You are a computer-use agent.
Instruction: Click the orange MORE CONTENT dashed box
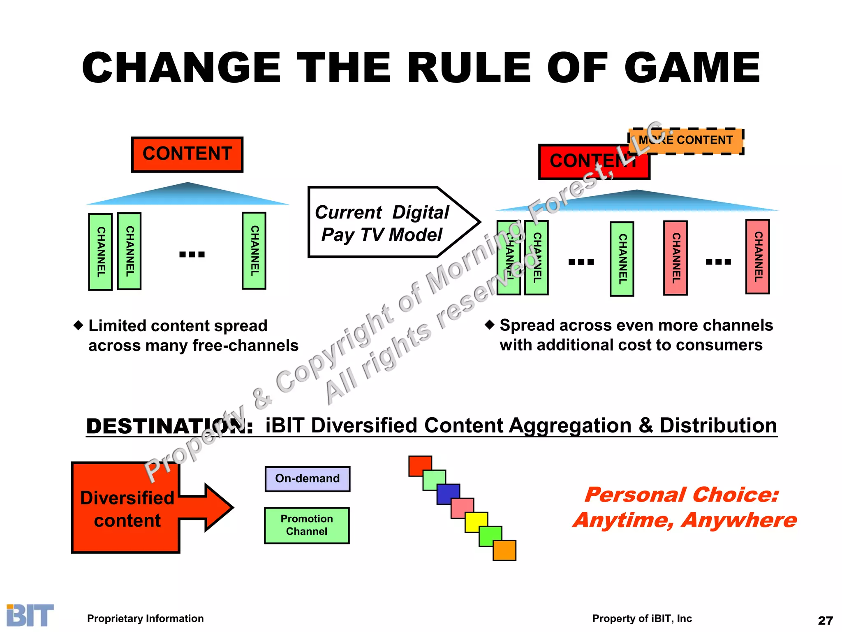click(x=686, y=141)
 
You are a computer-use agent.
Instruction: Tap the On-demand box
click(x=308, y=479)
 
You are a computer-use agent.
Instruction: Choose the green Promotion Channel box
click(x=307, y=525)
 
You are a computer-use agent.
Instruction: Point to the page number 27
click(x=825, y=620)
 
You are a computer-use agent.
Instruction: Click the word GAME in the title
click(x=692, y=68)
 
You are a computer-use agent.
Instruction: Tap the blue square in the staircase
click(x=448, y=494)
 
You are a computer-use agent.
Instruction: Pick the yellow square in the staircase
click(x=476, y=522)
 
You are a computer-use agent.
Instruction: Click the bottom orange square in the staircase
click(x=504, y=551)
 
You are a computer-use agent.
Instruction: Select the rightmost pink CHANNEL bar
click(x=757, y=257)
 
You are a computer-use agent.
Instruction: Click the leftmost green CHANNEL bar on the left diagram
click(x=100, y=252)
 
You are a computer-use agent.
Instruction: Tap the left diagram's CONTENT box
click(x=187, y=154)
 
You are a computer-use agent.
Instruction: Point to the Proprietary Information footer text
click(x=145, y=618)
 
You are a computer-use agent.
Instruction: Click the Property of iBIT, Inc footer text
click(x=642, y=618)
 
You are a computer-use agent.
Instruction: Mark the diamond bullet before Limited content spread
click(x=78, y=325)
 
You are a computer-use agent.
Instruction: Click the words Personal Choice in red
click(x=681, y=495)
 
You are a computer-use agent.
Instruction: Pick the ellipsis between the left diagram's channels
click(x=192, y=254)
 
